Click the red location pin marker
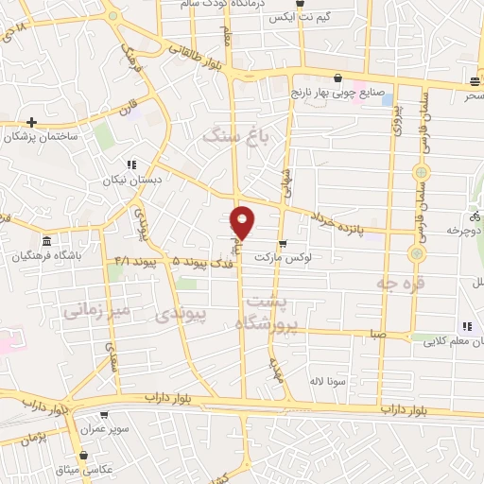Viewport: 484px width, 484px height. (243, 221)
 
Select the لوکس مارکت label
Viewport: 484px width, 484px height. (316, 257)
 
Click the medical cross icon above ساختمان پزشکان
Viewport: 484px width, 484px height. (32, 122)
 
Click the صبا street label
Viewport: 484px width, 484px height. (378, 334)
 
